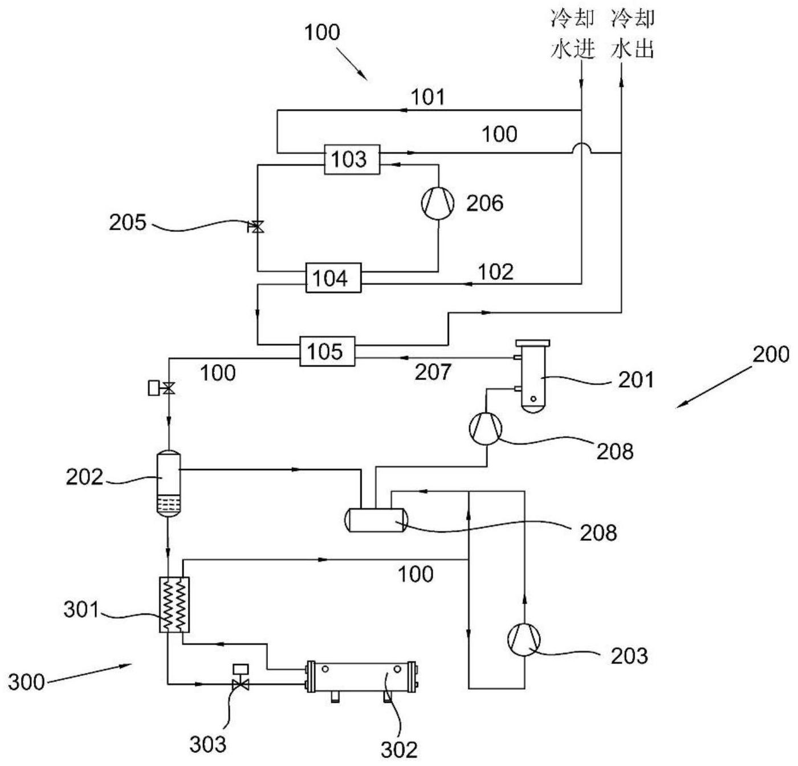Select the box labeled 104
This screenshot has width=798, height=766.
click(333, 278)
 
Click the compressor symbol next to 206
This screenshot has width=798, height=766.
click(437, 203)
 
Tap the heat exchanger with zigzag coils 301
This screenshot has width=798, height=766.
click(174, 605)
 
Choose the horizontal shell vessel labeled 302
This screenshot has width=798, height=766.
click(361, 676)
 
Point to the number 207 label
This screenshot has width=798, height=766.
click(433, 372)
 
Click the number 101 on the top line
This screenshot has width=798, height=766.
click(427, 97)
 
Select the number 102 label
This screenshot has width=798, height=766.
click(495, 272)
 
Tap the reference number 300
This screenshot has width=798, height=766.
click(26, 682)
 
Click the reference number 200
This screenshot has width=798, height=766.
click(771, 355)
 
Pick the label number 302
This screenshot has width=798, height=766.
click(398, 749)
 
